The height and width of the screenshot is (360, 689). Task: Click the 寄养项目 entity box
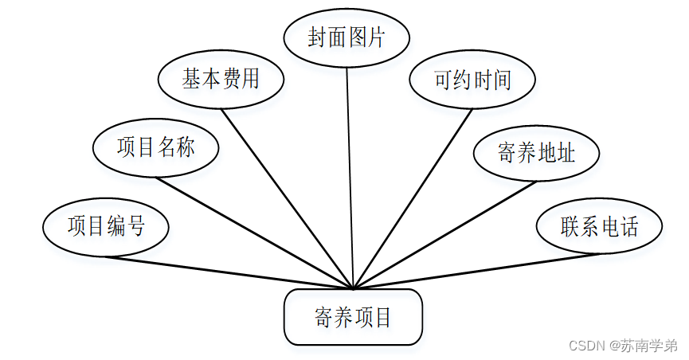pyautogui.click(x=352, y=317)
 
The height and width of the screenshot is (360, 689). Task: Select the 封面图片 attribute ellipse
pyautogui.click(x=346, y=38)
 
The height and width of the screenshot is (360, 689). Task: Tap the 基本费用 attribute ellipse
pyautogui.click(x=221, y=80)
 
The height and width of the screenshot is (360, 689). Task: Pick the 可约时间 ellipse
pyautogui.click(x=472, y=80)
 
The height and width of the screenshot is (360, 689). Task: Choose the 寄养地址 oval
pyautogui.click(x=536, y=153)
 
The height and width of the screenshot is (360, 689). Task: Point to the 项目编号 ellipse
pyautogui.click(x=106, y=226)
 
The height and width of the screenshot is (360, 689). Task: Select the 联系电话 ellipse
pyautogui.click(x=599, y=226)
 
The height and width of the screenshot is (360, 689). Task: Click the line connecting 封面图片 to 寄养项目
pyautogui.click(x=350, y=175)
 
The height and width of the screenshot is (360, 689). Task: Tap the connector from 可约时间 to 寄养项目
pyautogui.click(x=413, y=198)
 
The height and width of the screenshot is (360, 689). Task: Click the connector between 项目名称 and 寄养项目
pyautogui.click(x=253, y=232)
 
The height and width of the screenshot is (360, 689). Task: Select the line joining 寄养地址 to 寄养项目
pyautogui.click(x=443, y=234)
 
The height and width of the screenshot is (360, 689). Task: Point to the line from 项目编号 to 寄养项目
pyautogui.click(x=229, y=272)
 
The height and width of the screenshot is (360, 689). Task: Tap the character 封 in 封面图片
pyautogui.click(x=318, y=38)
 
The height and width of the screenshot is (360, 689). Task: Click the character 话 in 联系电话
pyautogui.click(x=628, y=226)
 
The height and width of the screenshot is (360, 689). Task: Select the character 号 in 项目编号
pyautogui.click(x=135, y=226)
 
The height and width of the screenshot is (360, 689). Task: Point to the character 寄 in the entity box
pyautogui.click(x=323, y=318)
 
